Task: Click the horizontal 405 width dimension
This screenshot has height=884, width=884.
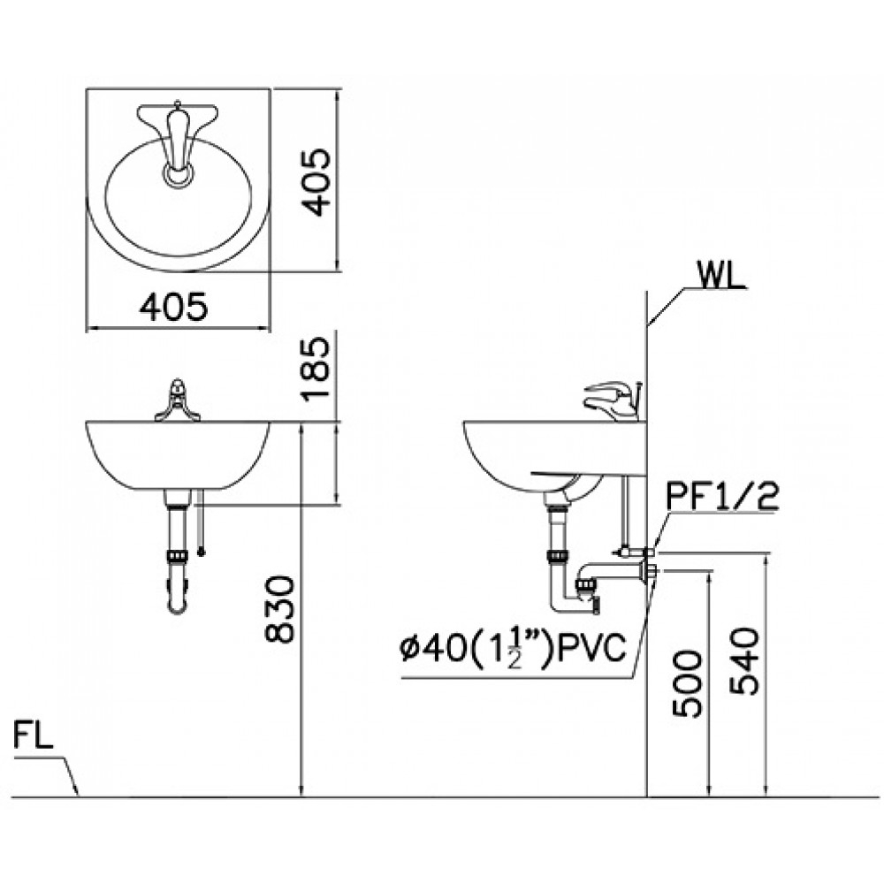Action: [174, 307]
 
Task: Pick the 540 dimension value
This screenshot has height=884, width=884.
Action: [744, 662]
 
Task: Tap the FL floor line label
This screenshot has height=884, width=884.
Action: [34, 736]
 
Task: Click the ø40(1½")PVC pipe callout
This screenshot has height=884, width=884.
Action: [514, 650]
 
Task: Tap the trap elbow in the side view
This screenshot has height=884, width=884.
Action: [566, 601]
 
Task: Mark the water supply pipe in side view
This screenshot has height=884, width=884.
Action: [627, 513]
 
